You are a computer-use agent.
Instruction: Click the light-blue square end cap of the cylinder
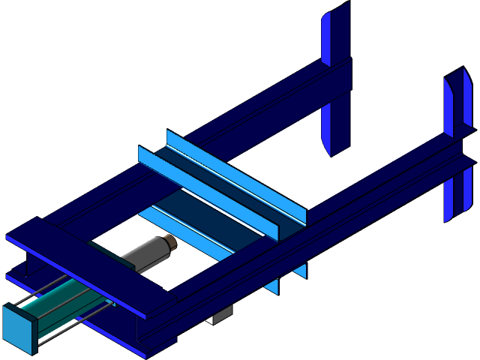pos(18,328)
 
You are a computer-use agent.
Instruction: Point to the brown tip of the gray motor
pos(170,241)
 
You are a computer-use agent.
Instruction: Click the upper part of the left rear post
pos(335,34)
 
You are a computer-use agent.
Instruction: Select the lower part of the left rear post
pos(336,127)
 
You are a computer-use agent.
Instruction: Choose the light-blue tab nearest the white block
pos(271,285)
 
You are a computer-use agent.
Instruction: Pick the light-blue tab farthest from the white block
pos(300,271)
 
